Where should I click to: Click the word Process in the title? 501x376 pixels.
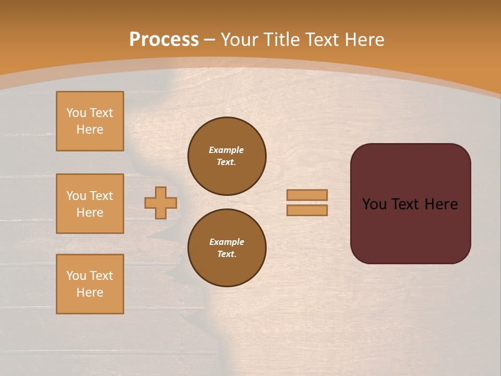click(x=164, y=40)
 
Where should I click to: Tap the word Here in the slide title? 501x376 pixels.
click(x=364, y=40)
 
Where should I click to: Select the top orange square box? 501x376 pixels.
click(x=90, y=121)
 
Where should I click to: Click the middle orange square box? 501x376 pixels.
click(x=90, y=204)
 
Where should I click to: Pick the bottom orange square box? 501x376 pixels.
click(x=90, y=284)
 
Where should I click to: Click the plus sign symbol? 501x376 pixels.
click(x=161, y=203)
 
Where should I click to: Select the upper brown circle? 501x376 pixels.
click(x=227, y=156)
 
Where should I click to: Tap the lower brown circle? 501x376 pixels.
click(x=227, y=248)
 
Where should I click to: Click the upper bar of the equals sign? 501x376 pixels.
click(x=307, y=195)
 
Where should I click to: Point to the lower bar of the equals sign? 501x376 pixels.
click(x=307, y=210)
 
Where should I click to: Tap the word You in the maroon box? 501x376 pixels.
click(x=374, y=204)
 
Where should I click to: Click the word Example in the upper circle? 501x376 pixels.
click(x=226, y=150)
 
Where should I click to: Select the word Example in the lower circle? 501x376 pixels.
click(x=226, y=242)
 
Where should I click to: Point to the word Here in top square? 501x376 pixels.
click(x=90, y=130)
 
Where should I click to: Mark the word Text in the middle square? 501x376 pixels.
click(x=101, y=196)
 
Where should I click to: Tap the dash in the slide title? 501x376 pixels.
click(x=209, y=40)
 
